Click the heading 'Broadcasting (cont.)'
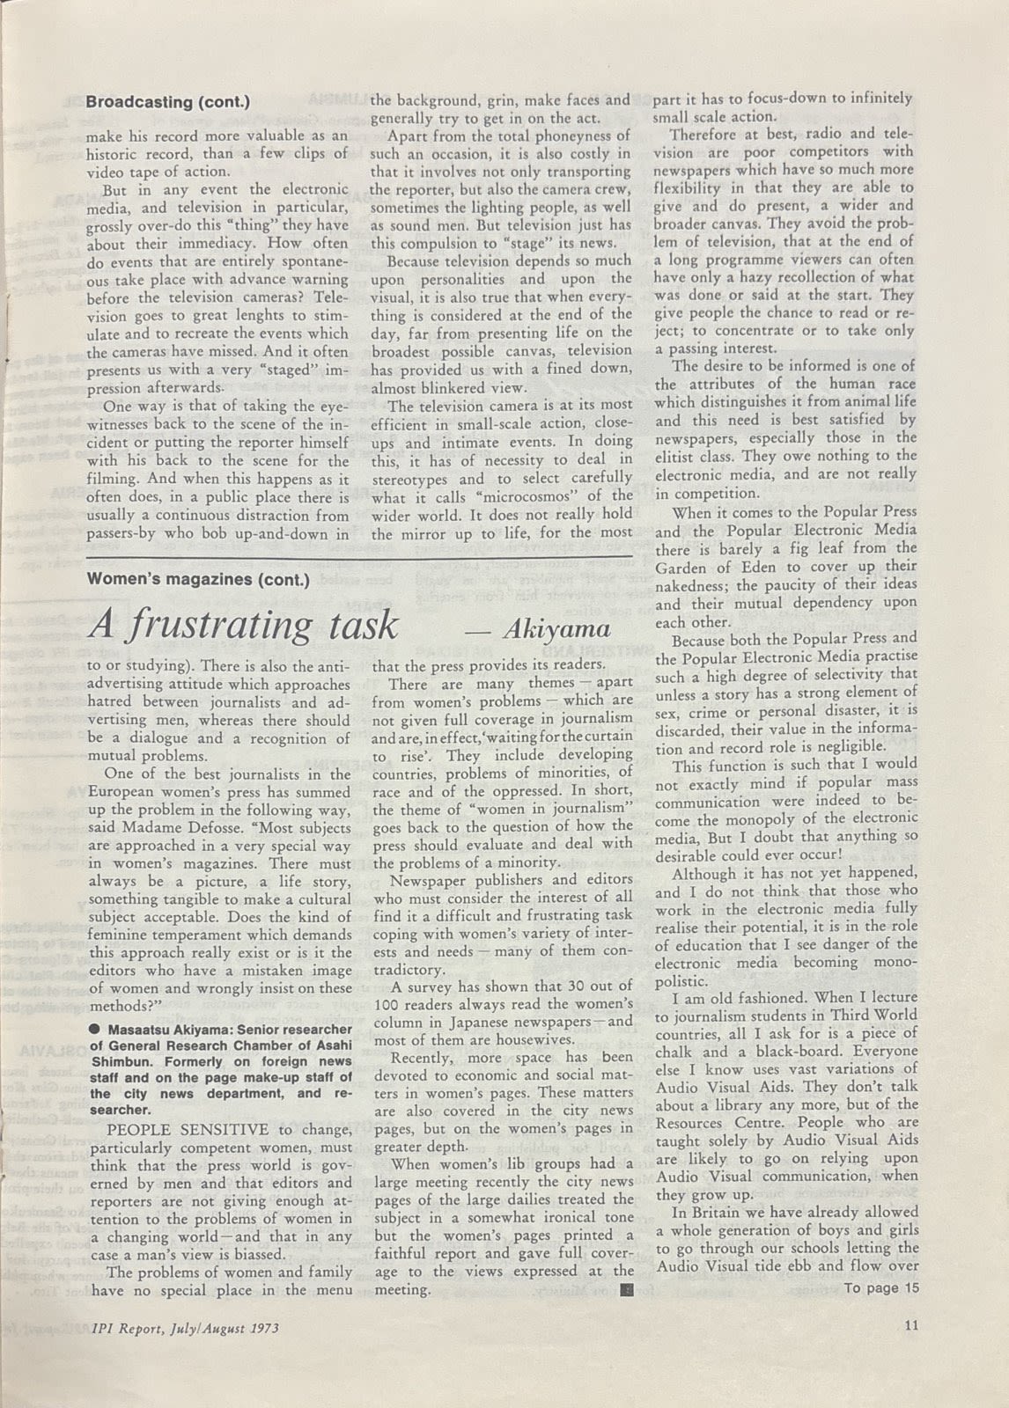(167, 101)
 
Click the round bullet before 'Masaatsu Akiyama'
(92, 1029)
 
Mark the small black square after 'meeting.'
(625, 1291)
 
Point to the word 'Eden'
(770, 567)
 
